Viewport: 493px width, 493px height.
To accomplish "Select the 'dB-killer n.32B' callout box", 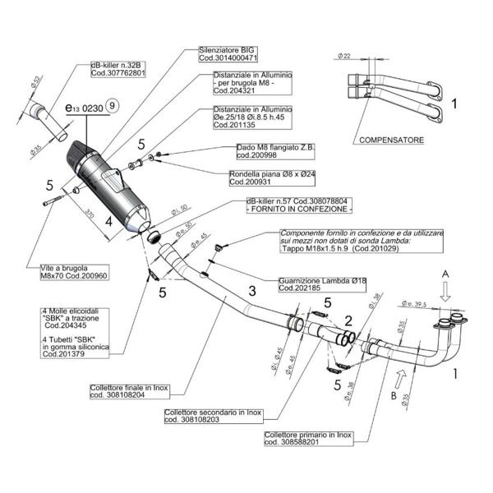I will pyautogui.click(x=117, y=68).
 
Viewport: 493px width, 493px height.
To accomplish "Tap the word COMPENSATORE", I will pyautogui.click(x=391, y=141).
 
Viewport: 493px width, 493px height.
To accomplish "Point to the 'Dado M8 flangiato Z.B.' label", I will pyautogui.click(x=275, y=151).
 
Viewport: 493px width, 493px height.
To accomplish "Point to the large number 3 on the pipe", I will pyautogui.click(x=253, y=293).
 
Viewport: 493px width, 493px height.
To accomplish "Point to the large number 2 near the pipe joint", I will pyautogui.click(x=348, y=320).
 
